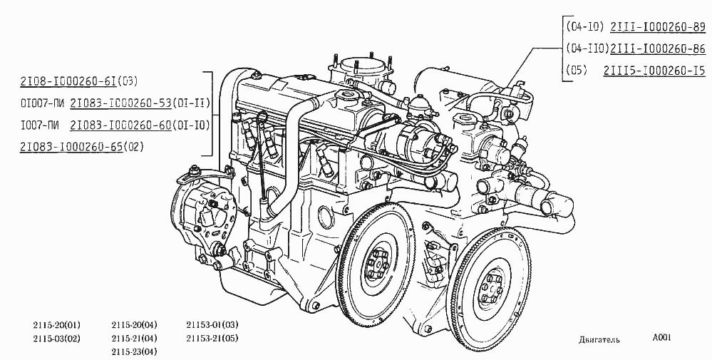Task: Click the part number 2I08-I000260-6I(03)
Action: pos(78,81)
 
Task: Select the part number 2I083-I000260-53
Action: pos(120,103)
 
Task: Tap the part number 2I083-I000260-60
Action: pos(120,125)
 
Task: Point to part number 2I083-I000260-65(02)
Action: pos(82,147)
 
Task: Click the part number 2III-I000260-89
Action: pos(658,27)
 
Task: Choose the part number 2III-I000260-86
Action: pos(658,48)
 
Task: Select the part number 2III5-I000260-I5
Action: pos(654,71)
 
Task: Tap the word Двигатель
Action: pos(599,340)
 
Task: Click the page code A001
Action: pos(661,337)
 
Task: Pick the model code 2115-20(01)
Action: pos(57,324)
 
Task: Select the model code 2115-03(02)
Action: pos(57,338)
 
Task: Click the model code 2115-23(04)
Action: pos(135,352)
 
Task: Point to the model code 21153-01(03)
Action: pos(212,324)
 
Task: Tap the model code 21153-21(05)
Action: pos(212,338)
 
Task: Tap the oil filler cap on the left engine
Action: pos(344,96)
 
